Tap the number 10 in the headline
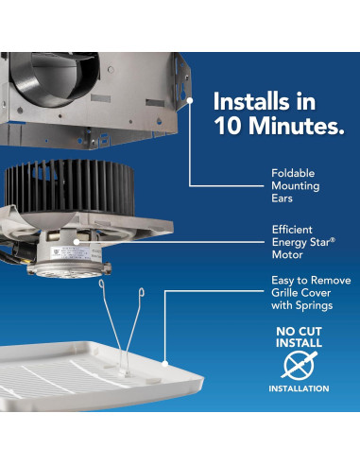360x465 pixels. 230,127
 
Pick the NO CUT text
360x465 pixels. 298,332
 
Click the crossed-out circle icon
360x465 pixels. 299,365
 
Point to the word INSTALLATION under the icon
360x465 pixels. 299,388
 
